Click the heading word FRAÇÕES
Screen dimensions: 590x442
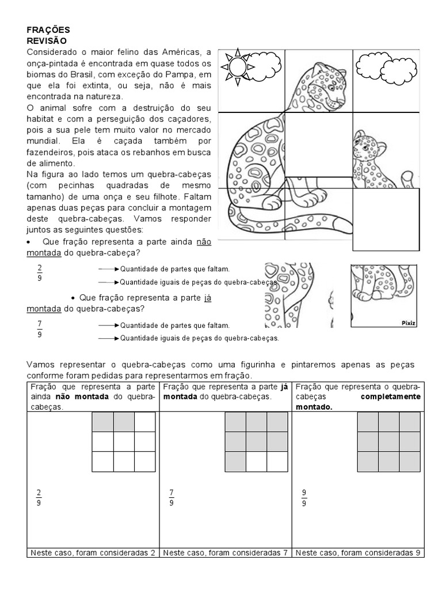(x=48, y=29)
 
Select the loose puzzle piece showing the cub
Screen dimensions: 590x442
(x=384, y=295)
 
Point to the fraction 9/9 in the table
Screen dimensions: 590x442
(x=304, y=497)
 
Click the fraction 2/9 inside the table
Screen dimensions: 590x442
(x=39, y=497)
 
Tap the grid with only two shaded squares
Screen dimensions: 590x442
(x=123, y=442)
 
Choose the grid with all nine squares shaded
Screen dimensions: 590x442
(x=389, y=442)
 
